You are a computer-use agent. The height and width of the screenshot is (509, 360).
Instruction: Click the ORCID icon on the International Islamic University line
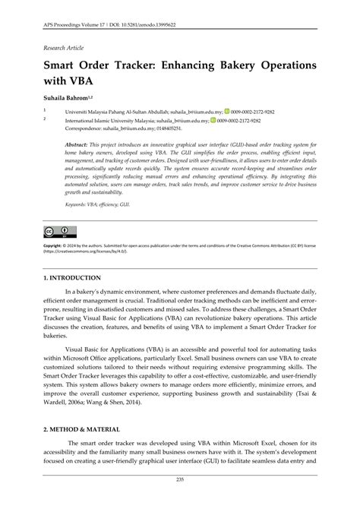215,120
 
